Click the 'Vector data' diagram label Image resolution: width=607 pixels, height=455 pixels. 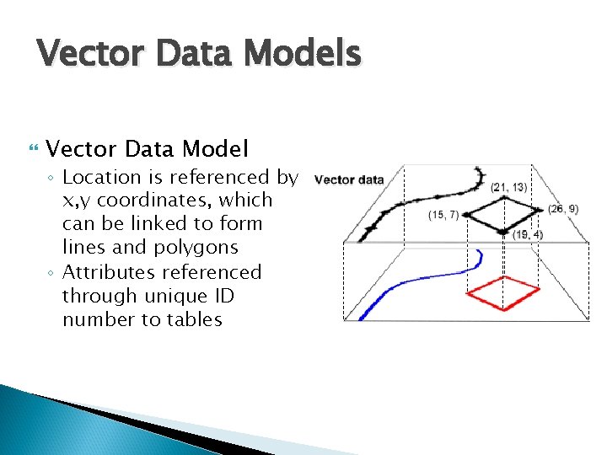point(349,179)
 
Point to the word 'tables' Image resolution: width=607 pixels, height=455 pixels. point(194,319)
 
